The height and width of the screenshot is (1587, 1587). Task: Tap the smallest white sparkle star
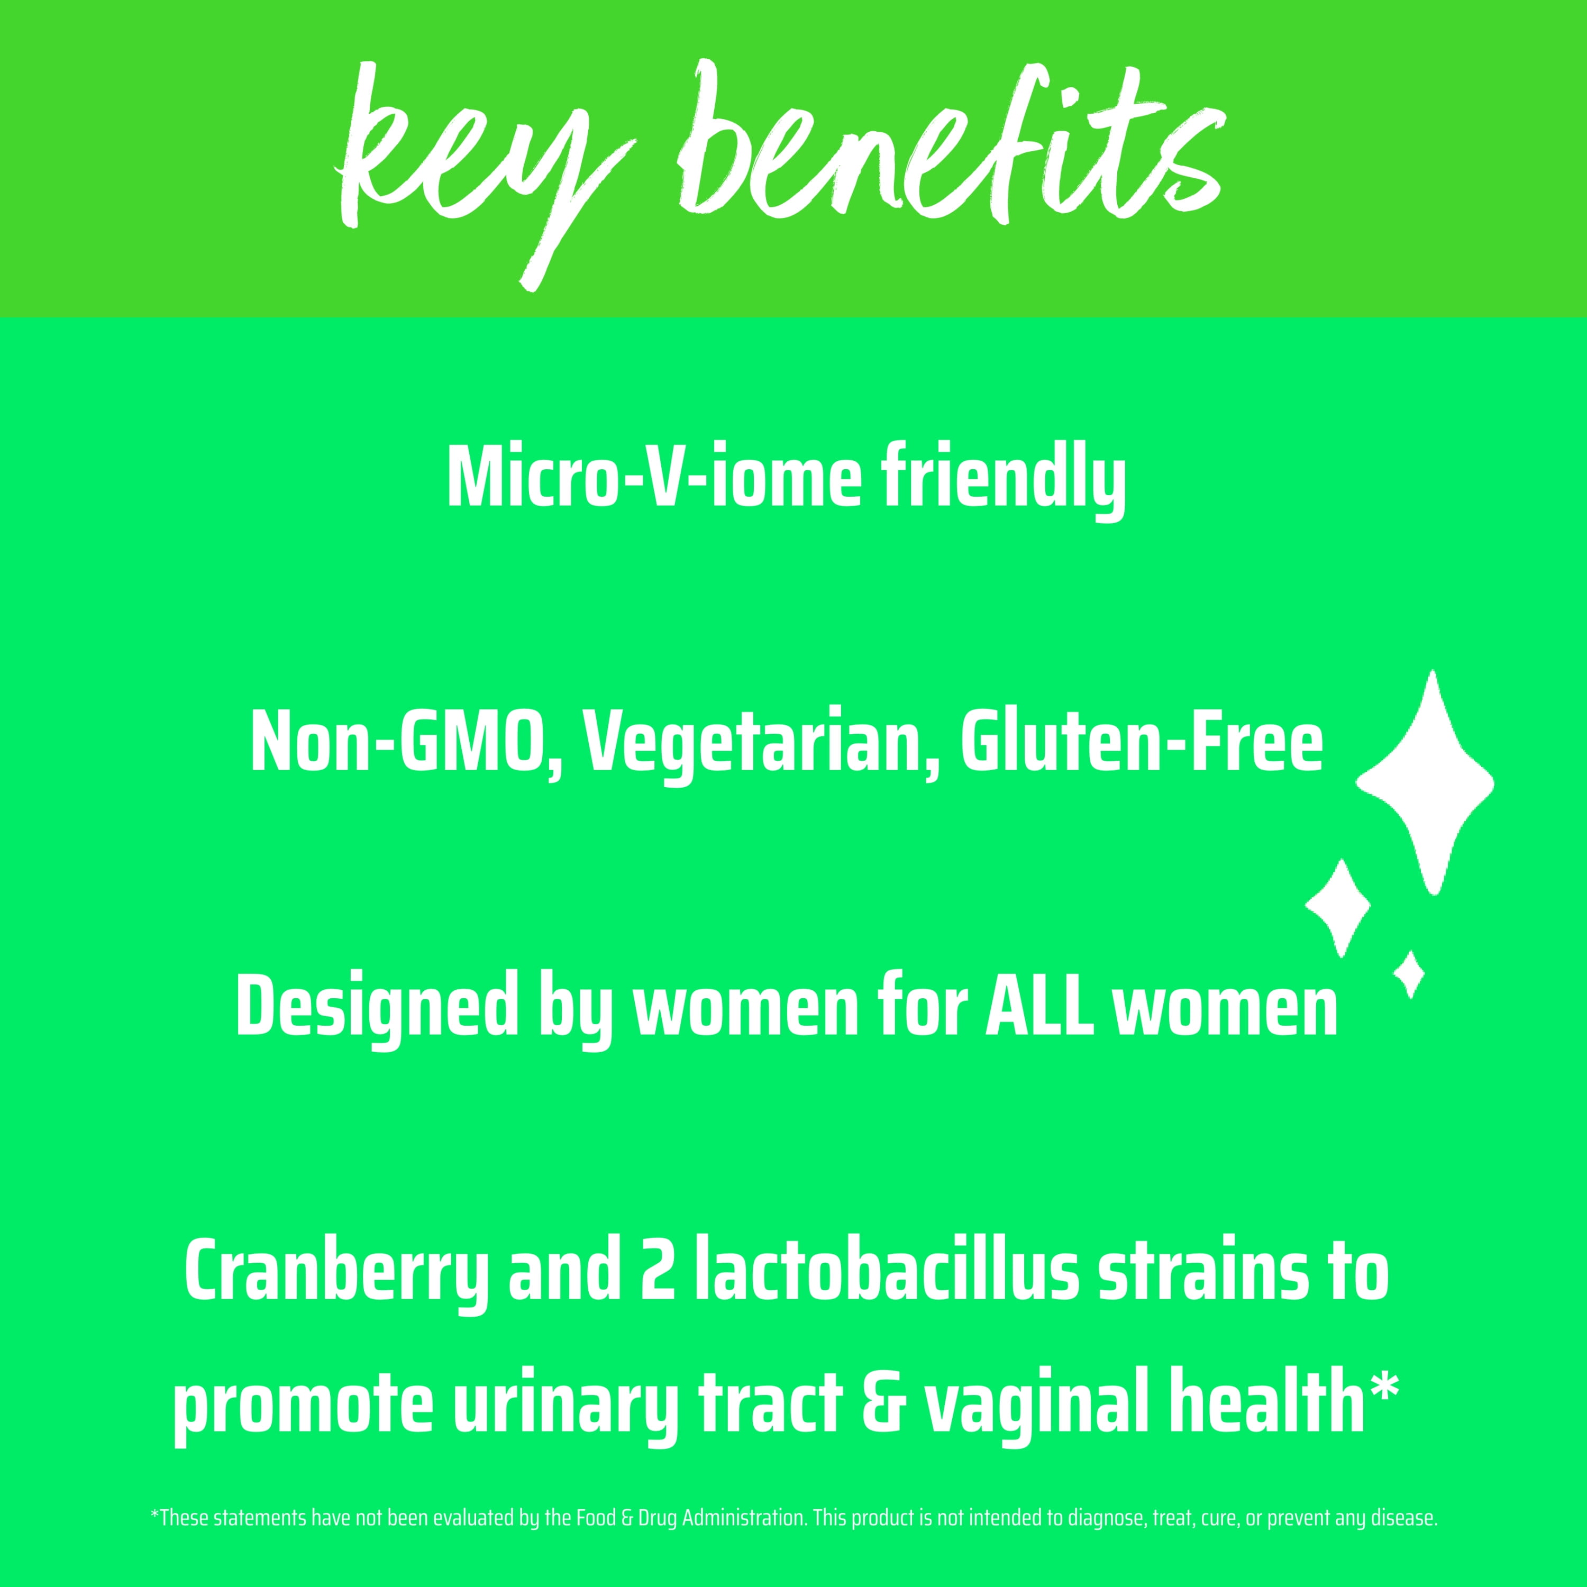[1410, 974]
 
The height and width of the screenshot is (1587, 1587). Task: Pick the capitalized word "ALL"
[1032, 1004]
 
